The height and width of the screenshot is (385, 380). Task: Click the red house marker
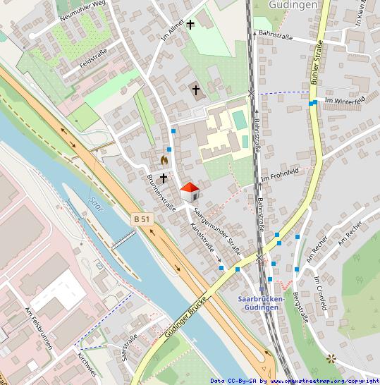pyautogui.click(x=190, y=191)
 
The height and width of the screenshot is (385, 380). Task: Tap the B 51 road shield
pyautogui.click(x=142, y=220)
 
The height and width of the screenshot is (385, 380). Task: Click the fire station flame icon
pyautogui.click(x=165, y=160)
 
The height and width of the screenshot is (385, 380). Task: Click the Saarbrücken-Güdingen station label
pyautogui.click(x=262, y=302)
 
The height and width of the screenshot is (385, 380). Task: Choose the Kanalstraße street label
pyautogui.click(x=204, y=242)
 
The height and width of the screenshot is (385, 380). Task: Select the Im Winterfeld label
pyautogui.click(x=343, y=101)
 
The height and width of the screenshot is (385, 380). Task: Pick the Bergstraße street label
pyautogui.click(x=300, y=307)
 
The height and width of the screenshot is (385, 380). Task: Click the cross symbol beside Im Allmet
pyautogui.click(x=190, y=24)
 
